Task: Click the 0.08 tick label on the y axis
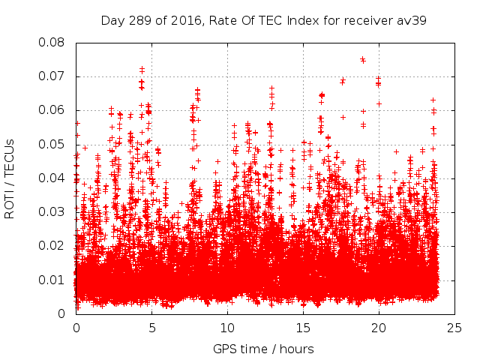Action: coord(53,43)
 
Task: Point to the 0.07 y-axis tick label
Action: coord(53,76)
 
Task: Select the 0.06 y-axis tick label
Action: coord(53,110)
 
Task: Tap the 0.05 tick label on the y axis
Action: coord(53,145)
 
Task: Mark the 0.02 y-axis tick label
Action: coord(53,246)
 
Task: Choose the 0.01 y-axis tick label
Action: coord(53,280)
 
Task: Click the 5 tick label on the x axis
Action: coord(151,328)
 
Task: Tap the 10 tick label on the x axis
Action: coord(227,328)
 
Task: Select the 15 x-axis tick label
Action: coord(303,328)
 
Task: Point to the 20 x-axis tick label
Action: coord(379,328)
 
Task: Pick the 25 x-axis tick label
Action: coord(454,328)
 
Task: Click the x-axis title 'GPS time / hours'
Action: coord(263,349)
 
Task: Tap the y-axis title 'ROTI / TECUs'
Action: coord(10,178)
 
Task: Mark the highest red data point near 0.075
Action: coord(362,58)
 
